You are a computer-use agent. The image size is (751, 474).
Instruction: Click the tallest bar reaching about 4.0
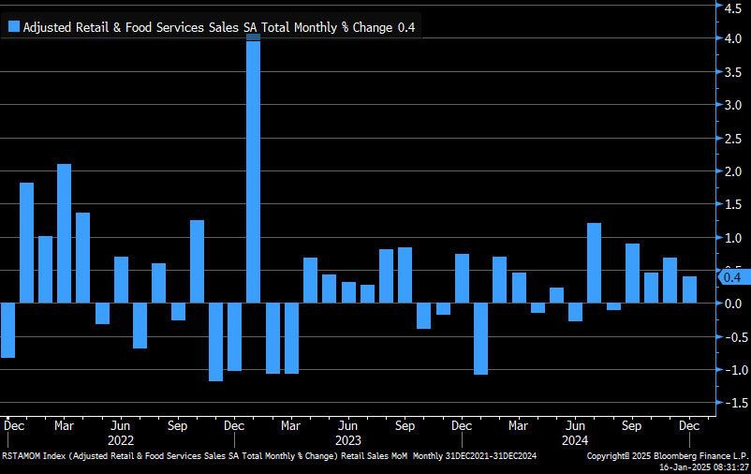tap(253, 169)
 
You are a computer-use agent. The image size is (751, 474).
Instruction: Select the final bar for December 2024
tap(689, 289)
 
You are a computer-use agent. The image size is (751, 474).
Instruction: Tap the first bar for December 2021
tap(7, 330)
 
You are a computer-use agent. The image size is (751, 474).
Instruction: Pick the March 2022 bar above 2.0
tap(65, 233)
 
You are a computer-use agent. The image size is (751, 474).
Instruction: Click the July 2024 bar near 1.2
tap(594, 263)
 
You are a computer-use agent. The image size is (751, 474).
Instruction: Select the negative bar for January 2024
tap(480, 338)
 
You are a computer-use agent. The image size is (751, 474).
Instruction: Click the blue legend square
tap(13, 27)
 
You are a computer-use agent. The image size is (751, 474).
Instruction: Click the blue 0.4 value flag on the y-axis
tap(732, 276)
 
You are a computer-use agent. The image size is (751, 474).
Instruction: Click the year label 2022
tap(121, 438)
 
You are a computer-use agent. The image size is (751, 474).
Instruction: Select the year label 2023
tap(347, 438)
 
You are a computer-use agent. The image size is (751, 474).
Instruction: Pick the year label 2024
tap(575, 438)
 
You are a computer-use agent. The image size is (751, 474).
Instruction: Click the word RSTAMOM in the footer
tap(23, 455)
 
